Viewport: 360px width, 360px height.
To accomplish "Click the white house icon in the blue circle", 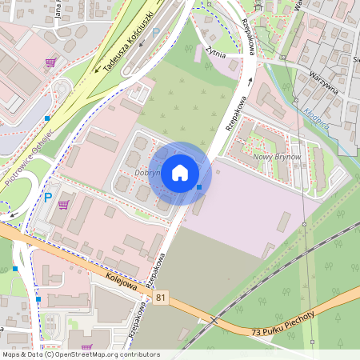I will pyautogui.click(x=180, y=173).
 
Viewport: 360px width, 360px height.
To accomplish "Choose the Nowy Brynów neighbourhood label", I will pyautogui.click(x=276, y=157).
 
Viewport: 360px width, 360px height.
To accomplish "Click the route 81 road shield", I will pyautogui.click(x=162, y=298).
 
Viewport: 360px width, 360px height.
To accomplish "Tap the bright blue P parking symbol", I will pyautogui.click(x=47, y=198).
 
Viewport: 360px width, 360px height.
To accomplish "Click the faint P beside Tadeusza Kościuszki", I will pyautogui.click(x=156, y=34).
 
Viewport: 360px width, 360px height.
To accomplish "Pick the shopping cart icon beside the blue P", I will pyautogui.click(x=62, y=205).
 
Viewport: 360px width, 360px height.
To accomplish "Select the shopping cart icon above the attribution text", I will pyautogui.click(x=86, y=347).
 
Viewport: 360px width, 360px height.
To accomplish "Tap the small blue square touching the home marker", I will pyautogui.click(x=198, y=187).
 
